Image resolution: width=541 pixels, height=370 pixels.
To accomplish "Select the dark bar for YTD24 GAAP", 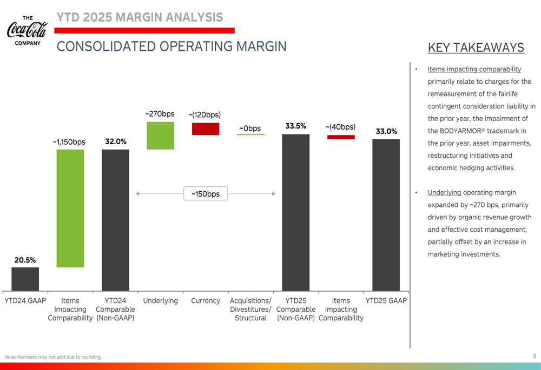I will click(x=25, y=279).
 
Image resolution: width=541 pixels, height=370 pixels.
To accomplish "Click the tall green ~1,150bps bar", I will click(x=70, y=208).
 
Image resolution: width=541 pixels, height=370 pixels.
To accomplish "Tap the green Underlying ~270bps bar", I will click(x=161, y=135).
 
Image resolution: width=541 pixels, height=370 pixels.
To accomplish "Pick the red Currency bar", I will click(x=206, y=129).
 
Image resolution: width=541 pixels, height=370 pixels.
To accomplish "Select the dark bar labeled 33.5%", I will click(x=296, y=212).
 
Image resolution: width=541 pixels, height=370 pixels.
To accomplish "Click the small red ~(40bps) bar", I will click(x=341, y=137).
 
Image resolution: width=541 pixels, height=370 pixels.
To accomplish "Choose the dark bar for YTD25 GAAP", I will click(x=386, y=214).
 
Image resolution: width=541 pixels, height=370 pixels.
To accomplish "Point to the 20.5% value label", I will click(x=25, y=260).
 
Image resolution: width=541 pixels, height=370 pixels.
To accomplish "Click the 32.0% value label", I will click(x=115, y=142).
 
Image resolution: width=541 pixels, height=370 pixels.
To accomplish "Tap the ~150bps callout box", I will click(x=206, y=193).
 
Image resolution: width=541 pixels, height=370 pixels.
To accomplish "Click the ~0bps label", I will click(x=250, y=129).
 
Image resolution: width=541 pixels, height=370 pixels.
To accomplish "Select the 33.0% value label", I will click(x=386, y=131).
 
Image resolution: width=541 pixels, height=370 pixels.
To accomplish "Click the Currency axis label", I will click(x=206, y=301).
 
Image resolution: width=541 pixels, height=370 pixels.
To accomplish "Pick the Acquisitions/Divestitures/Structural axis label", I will click(x=250, y=309).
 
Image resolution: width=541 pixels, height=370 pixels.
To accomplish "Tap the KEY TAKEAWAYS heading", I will click(x=476, y=48).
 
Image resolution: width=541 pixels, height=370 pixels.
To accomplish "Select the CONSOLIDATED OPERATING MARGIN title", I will click(x=171, y=46).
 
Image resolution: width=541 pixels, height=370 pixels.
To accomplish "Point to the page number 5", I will click(x=535, y=356).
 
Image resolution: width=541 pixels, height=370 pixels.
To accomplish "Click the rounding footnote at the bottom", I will click(x=53, y=356).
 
